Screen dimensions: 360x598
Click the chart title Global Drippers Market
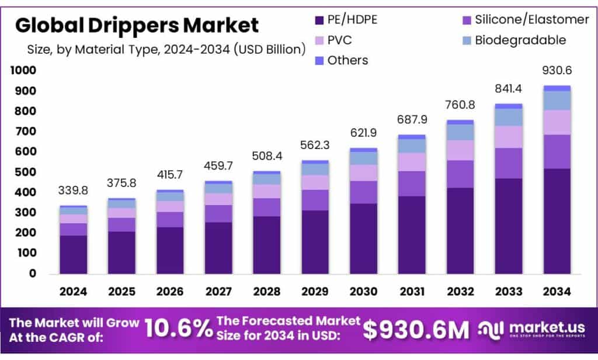click(137, 25)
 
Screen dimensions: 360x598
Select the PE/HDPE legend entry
click(345, 20)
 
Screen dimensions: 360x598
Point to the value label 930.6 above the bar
click(556, 70)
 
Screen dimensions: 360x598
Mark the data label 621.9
click(364, 133)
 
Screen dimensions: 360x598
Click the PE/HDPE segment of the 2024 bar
click(74, 254)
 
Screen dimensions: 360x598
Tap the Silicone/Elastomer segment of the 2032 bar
click(460, 174)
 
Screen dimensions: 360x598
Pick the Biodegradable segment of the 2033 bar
click(508, 117)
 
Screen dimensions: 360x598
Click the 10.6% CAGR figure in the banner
click(178, 329)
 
